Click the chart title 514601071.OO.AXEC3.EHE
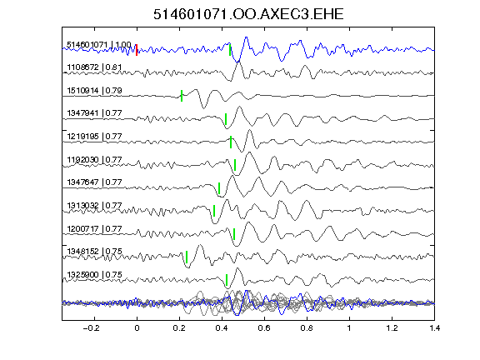coord(248,14)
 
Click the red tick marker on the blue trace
coord(137,50)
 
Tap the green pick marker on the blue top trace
coord(230,50)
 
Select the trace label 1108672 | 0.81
coord(94,67)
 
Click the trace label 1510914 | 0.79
coord(94,91)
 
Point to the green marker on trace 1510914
coord(182,96)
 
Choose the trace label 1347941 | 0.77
coord(94,113)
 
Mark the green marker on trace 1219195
coord(231,142)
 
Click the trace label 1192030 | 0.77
coord(94,160)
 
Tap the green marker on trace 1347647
coord(219,188)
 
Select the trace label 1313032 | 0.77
coord(94,205)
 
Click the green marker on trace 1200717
coord(234,234)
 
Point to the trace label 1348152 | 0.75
coord(94,252)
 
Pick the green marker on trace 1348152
coord(187,257)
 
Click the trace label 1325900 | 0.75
coord(94,275)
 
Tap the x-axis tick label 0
coord(137,328)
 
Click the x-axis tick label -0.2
coord(92,328)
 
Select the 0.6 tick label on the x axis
coord(264,328)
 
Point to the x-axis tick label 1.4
coord(434,328)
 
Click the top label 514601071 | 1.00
coord(99,45)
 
